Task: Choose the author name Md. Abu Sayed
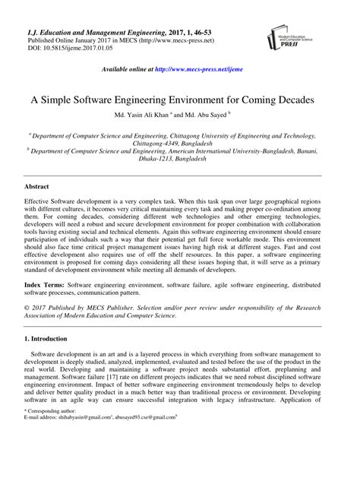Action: coord(216,117)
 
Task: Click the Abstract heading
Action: coord(38,185)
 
